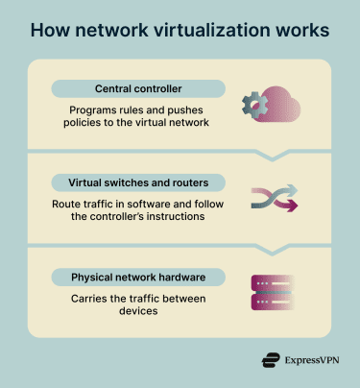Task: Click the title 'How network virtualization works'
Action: [180, 30]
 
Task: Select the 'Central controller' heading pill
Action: [138, 89]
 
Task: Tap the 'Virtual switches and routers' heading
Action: [138, 182]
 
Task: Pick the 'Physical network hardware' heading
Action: [138, 278]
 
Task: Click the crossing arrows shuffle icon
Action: [275, 198]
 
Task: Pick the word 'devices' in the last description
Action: [137, 313]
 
